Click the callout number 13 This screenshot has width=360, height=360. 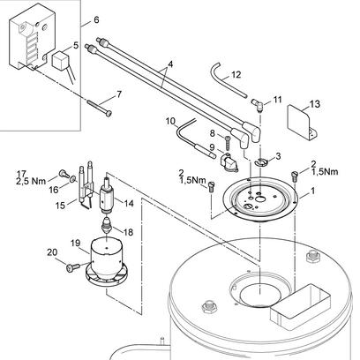click(x=314, y=103)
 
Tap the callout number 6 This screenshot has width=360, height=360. click(x=96, y=19)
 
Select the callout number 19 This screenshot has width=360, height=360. click(x=76, y=244)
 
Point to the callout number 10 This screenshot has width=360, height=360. click(x=170, y=121)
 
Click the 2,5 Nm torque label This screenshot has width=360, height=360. click(x=31, y=181)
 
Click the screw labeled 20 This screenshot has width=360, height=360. click(x=72, y=267)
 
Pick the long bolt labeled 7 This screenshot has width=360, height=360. click(x=100, y=109)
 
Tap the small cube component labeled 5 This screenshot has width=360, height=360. click(x=60, y=61)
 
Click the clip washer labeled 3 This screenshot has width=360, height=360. click(x=260, y=161)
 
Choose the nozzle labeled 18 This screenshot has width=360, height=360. click(x=107, y=227)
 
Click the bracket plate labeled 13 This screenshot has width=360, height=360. click(x=302, y=124)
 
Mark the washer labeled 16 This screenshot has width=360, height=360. click(x=72, y=178)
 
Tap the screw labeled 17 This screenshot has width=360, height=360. click(x=64, y=174)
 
